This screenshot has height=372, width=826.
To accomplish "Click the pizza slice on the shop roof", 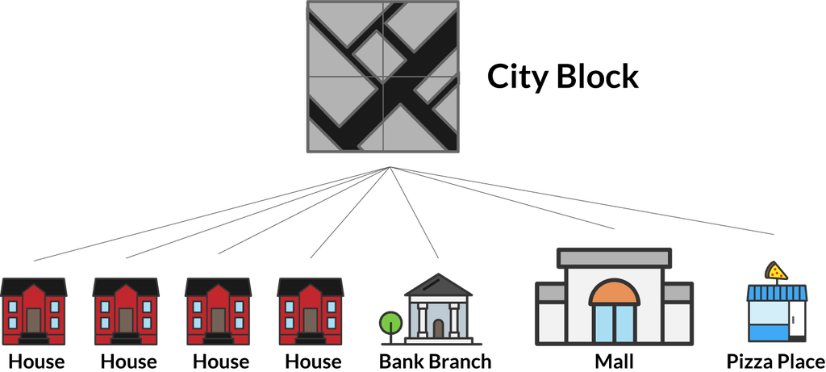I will click(776, 271).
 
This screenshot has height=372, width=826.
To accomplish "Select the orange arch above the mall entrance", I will click(614, 292).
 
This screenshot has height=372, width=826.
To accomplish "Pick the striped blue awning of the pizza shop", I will click(776, 293).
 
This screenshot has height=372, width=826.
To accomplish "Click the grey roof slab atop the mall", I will click(614, 257).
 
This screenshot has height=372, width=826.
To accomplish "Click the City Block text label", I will click(563, 78).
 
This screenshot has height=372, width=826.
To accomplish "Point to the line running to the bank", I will click(415, 214).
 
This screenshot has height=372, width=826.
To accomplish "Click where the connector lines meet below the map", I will click(391, 167).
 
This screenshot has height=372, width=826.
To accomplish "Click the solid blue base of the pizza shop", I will click(767, 331).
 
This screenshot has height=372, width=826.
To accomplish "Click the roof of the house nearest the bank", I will click(310, 286).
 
